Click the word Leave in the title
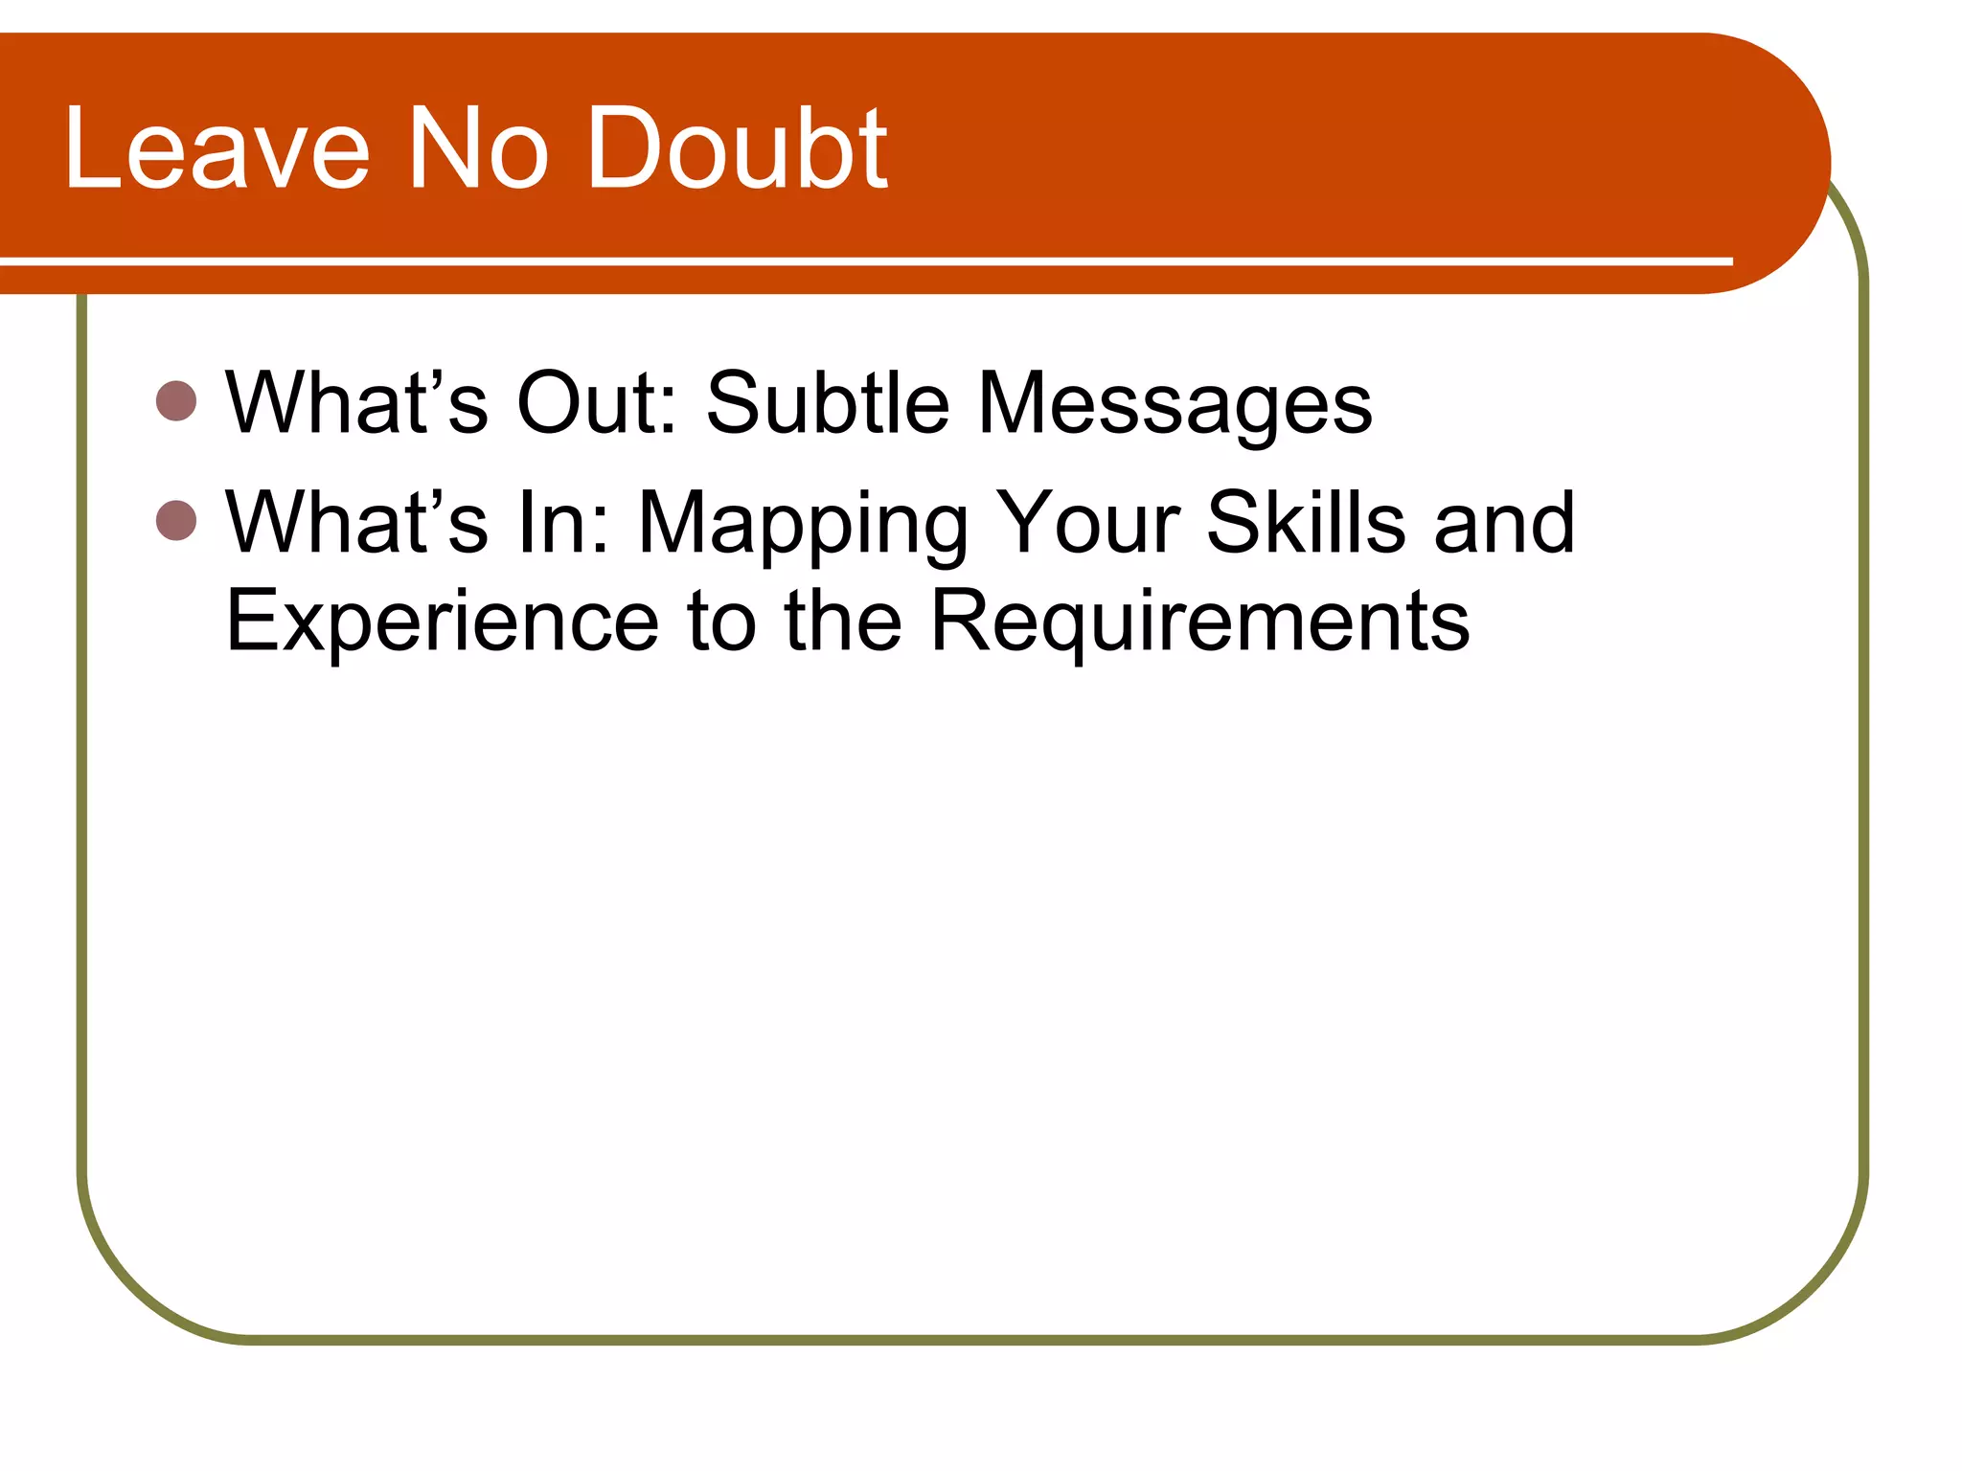click(x=217, y=149)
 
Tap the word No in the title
click(x=479, y=149)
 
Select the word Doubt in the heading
click(x=738, y=149)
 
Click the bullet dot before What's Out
click(x=176, y=401)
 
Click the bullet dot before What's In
click(x=176, y=521)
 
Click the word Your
click(x=1087, y=523)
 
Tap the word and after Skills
click(x=1504, y=523)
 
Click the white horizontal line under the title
click(x=862, y=260)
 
